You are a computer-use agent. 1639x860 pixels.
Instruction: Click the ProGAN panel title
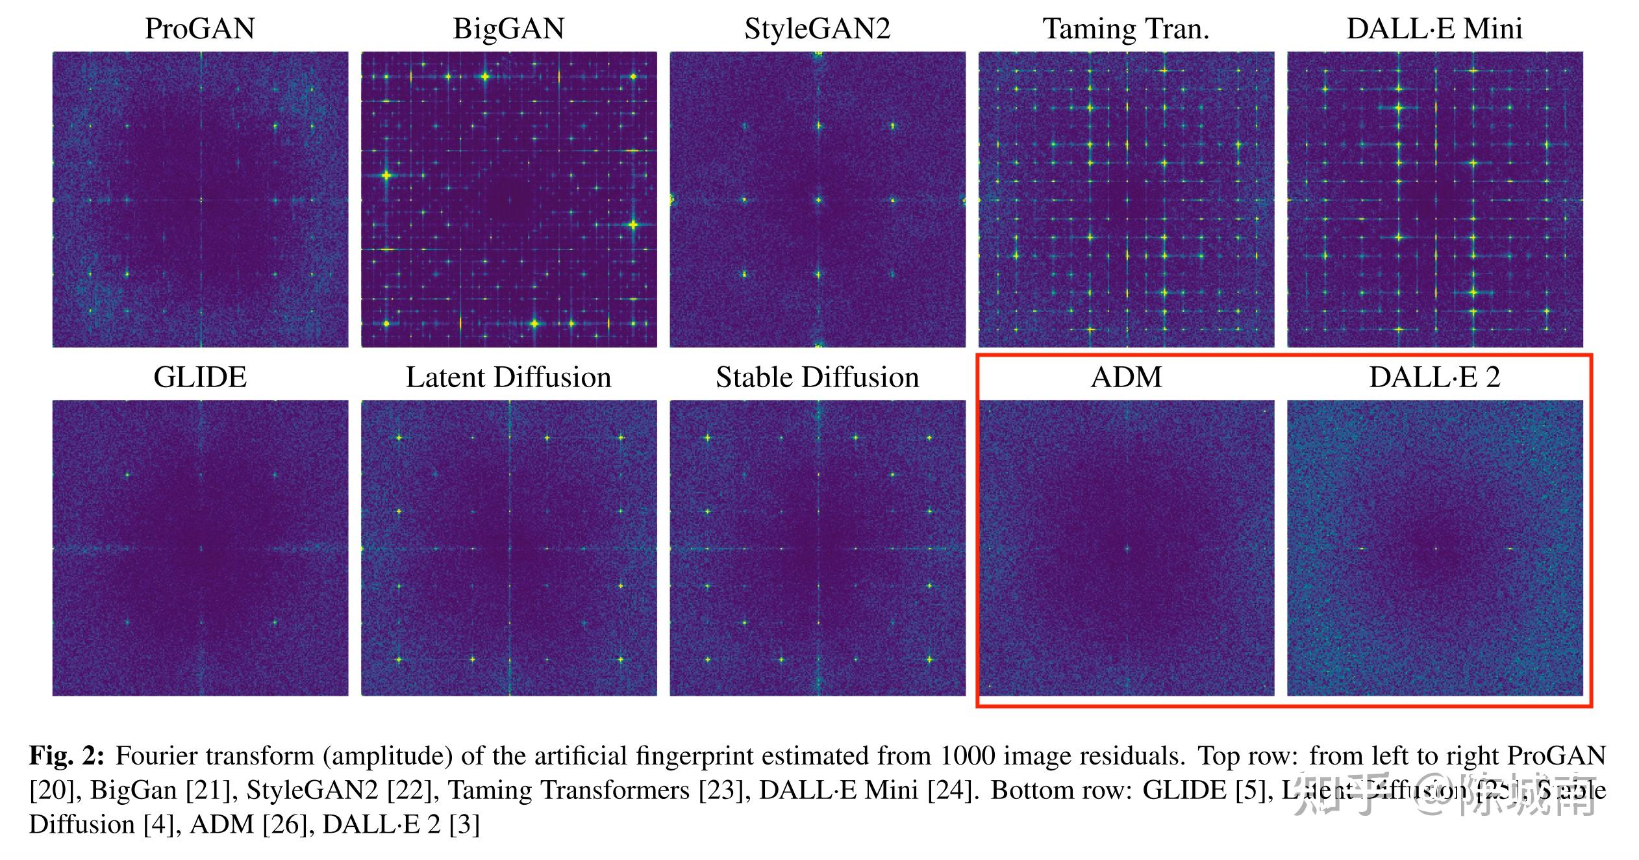point(200,29)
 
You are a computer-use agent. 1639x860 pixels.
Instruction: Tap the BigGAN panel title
point(508,29)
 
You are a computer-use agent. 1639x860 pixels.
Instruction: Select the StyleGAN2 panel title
point(817,29)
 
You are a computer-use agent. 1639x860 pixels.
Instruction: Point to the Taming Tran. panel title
point(1126,29)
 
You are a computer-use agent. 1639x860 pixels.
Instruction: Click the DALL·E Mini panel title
point(1434,29)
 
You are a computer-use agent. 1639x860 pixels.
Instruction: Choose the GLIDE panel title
point(200,377)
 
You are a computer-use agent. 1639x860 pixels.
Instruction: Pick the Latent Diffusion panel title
point(508,377)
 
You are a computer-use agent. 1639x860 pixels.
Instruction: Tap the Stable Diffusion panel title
point(817,377)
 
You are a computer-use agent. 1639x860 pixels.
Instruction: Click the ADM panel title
point(1126,377)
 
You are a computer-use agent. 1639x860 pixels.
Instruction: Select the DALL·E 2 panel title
point(1434,377)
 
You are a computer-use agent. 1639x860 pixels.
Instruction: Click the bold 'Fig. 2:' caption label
point(66,756)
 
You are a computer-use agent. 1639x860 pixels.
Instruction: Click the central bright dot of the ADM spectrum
point(1127,549)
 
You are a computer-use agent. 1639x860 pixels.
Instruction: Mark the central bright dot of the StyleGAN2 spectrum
point(818,200)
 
